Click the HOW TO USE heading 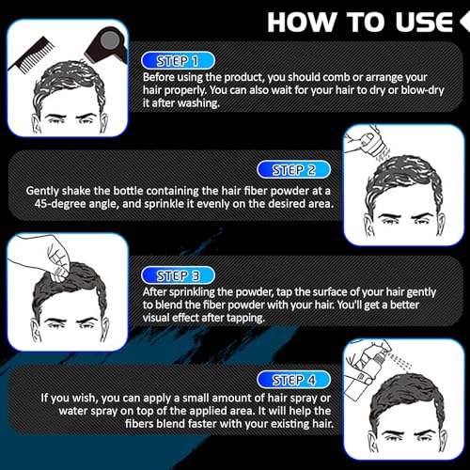[367, 21]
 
